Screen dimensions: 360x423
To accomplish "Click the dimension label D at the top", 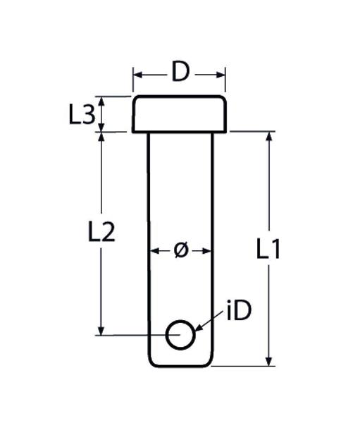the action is [180, 72].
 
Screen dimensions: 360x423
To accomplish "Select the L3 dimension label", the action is [82, 115].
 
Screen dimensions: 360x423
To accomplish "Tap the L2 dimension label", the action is [101, 231].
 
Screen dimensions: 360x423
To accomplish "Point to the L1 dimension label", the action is [268, 249].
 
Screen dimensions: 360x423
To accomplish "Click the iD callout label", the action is [240, 311].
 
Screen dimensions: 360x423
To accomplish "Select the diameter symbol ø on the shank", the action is [180, 250].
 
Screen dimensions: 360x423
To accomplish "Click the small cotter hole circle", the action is [180, 321].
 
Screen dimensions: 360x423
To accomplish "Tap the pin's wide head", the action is [179, 114].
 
